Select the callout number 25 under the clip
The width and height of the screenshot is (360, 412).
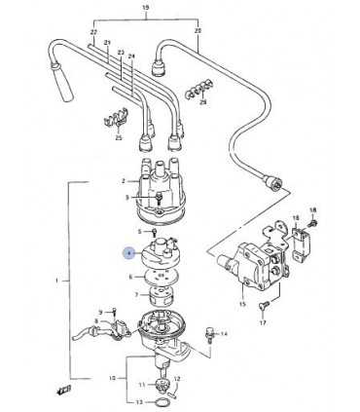tap(118, 139)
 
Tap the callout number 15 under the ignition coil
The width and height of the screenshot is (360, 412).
tap(243, 305)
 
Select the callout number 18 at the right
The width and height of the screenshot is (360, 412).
tap(312, 209)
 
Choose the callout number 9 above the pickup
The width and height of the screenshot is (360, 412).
tap(100, 310)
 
